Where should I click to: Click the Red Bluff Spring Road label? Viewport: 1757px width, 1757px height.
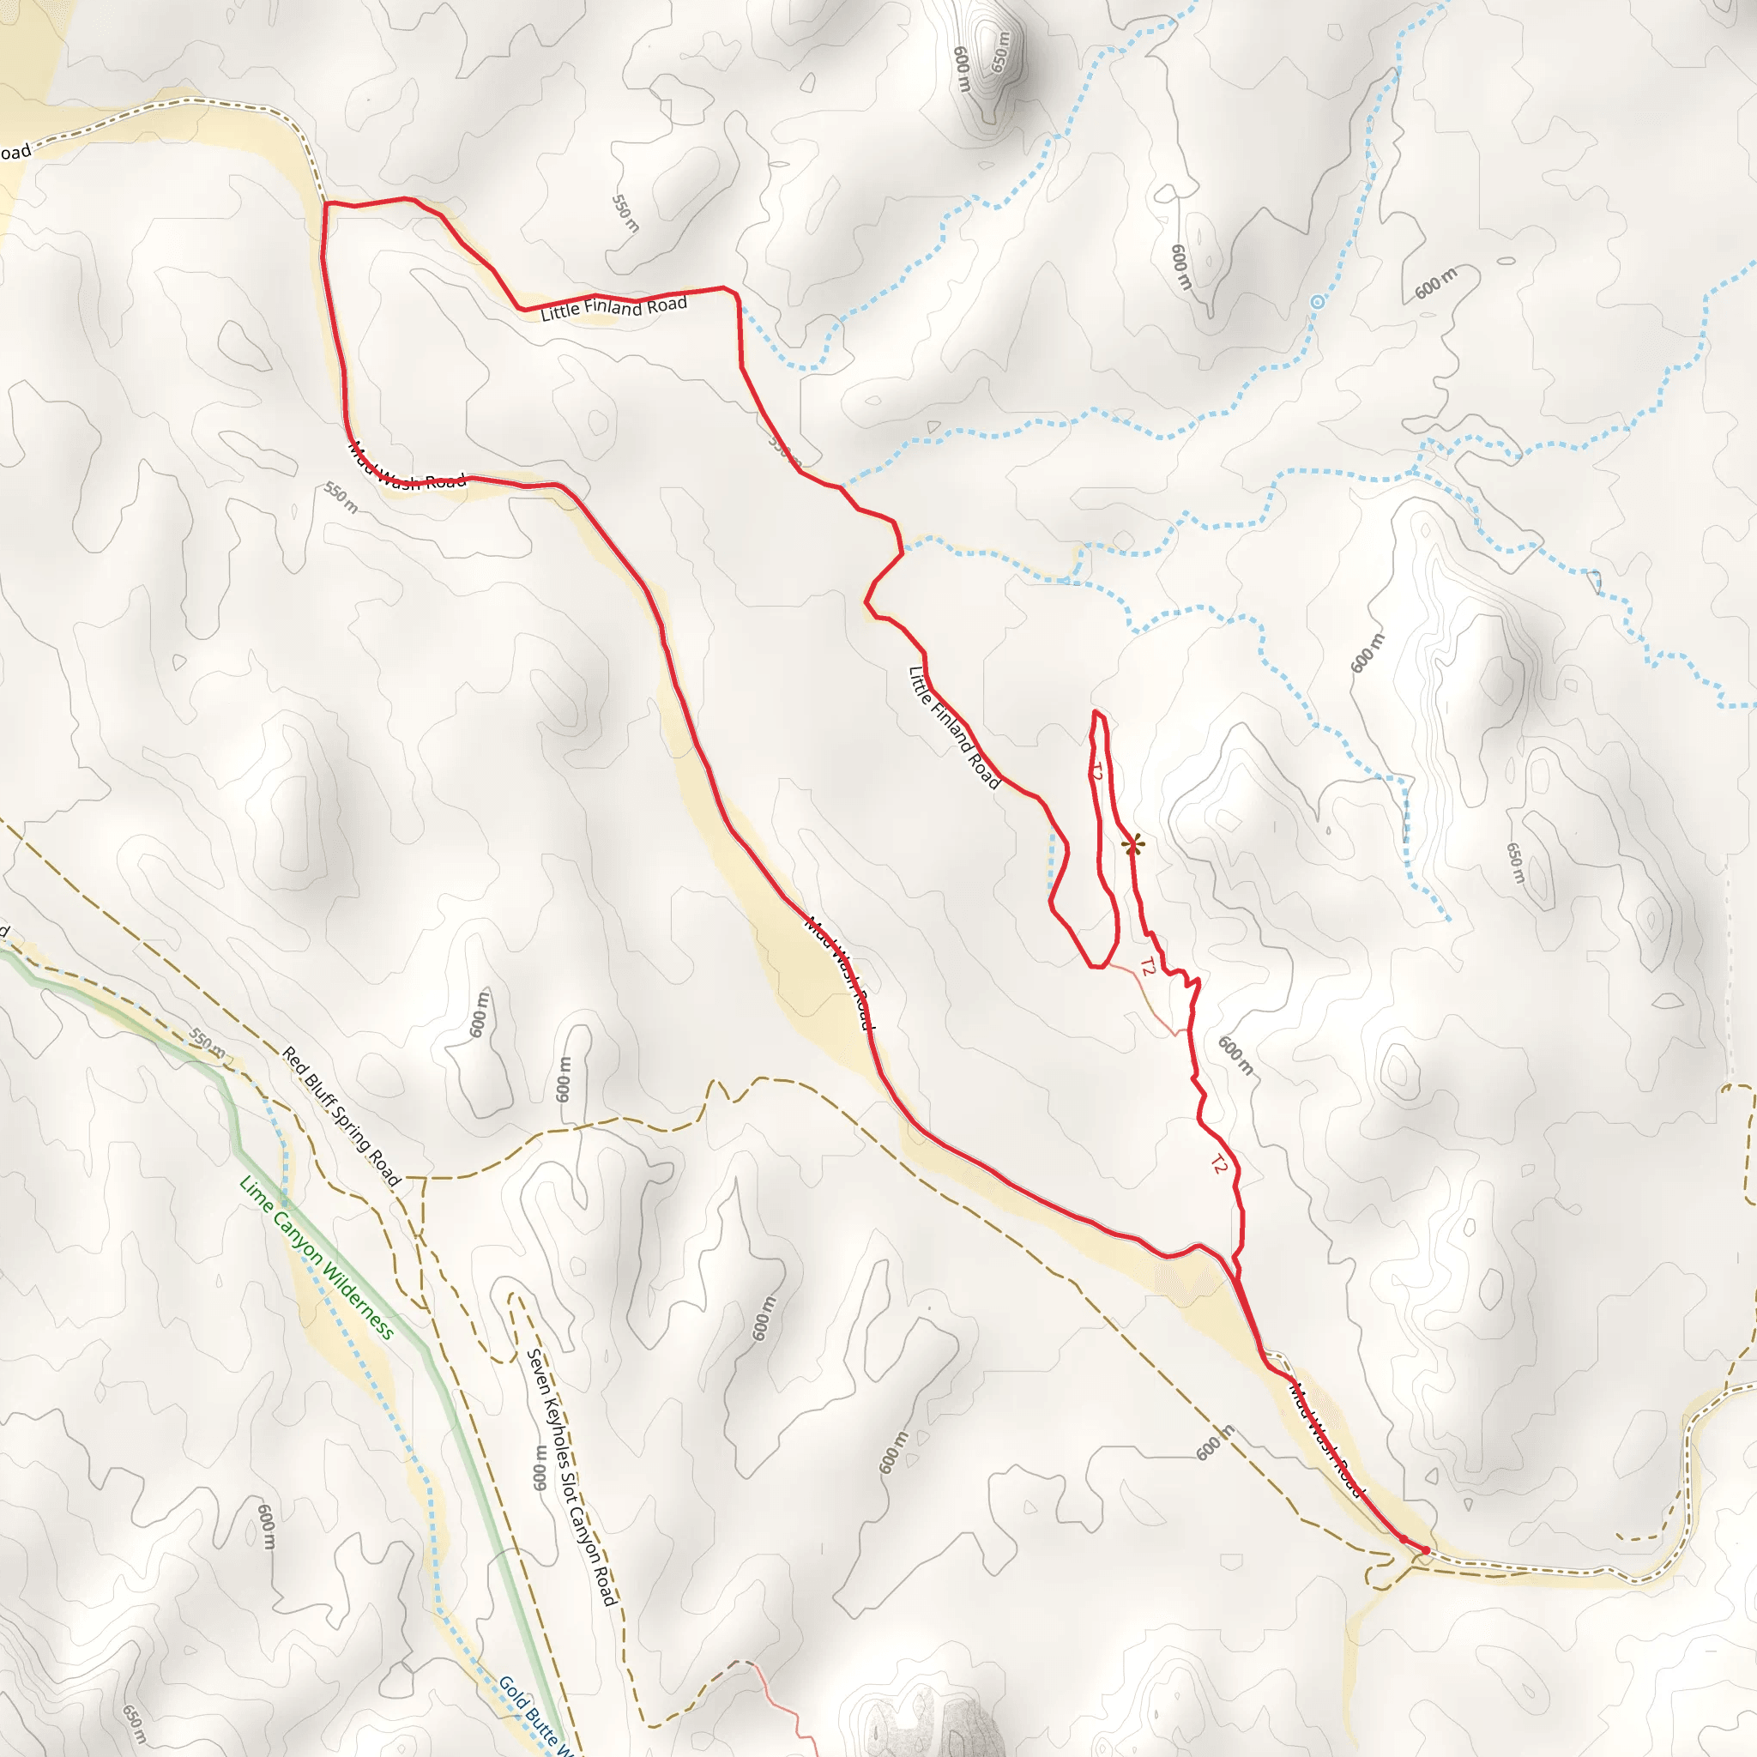coord(341,1117)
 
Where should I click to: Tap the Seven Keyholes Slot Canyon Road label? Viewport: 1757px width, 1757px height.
coord(572,1477)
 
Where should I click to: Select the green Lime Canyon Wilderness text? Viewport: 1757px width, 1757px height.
coord(316,1259)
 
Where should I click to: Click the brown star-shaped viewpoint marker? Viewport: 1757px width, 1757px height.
coord(1132,846)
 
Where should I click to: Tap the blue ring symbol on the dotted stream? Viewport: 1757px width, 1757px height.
coord(1317,301)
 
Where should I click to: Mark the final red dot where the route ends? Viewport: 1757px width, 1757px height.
coord(1425,1549)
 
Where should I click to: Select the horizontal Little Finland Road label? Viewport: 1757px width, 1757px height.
coord(614,308)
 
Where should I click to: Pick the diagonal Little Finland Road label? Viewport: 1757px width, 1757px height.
coord(954,728)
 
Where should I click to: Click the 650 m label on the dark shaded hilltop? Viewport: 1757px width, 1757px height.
coord(999,51)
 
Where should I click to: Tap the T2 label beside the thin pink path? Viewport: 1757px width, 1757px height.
coord(1147,967)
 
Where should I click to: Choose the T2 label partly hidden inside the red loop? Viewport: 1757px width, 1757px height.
coord(1096,772)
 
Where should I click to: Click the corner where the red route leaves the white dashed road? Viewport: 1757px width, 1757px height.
coord(325,202)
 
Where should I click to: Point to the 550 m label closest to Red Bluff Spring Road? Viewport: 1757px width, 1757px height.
coord(208,1043)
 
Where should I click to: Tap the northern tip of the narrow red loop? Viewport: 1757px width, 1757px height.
coord(1097,713)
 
